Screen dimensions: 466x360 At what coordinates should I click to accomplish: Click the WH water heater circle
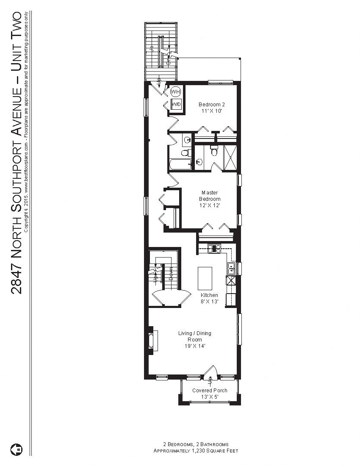[x=175, y=92]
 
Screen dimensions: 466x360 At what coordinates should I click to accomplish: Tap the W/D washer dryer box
[x=176, y=104]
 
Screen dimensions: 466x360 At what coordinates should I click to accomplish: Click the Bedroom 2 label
[x=210, y=105]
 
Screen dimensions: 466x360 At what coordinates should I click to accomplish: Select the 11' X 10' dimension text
[x=210, y=111]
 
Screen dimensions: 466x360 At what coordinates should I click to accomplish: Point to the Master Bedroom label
[x=210, y=196]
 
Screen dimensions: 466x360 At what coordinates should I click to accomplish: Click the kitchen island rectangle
[x=205, y=277]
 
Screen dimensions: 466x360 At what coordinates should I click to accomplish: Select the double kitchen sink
[x=231, y=267]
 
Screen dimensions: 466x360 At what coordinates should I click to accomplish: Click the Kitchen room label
[x=209, y=295]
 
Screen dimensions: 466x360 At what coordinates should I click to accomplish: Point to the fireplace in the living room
[x=152, y=339]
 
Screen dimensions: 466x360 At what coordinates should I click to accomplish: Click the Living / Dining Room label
[x=194, y=336]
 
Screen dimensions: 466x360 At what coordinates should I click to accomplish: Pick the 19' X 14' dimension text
[x=194, y=346]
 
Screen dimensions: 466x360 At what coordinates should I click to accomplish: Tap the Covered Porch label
[x=210, y=391]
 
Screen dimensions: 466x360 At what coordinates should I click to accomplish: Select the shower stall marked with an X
[x=230, y=157]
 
